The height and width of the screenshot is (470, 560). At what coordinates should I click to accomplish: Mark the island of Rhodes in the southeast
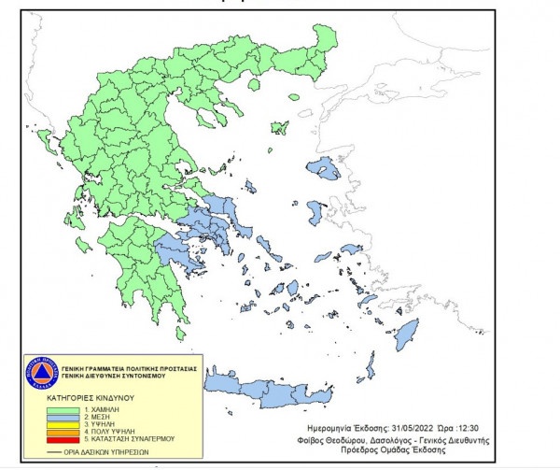point(407,334)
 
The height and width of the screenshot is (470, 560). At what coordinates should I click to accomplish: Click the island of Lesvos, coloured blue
point(326,170)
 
